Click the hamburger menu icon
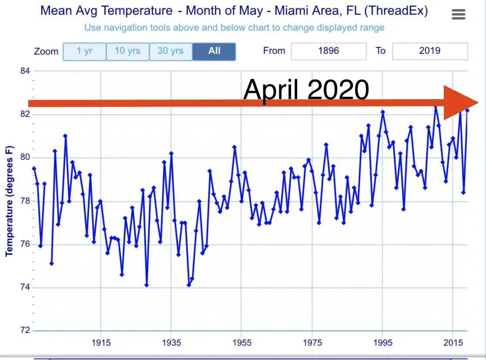click(x=459, y=15)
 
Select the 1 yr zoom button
click(x=85, y=51)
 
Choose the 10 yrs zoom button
click(x=127, y=51)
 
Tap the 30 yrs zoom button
click(x=170, y=51)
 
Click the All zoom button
click(x=214, y=51)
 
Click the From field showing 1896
click(x=328, y=51)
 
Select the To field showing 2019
click(x=430, y=51)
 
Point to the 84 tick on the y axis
click(x=25, y=71)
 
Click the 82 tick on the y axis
click(x=25, y=114)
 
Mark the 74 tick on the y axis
click(x=25, y=287)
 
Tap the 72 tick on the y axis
click(x=25, y=330)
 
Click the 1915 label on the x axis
click(x=101, y=342)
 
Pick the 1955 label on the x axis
click(x=242, y=342)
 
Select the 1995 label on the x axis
click(x=382, y=342)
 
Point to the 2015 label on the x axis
click(x=453, y=342)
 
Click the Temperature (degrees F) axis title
click(x=9, y=201)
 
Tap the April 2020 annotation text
click(x=306, y=90)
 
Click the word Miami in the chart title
click(x=289, y=11)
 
